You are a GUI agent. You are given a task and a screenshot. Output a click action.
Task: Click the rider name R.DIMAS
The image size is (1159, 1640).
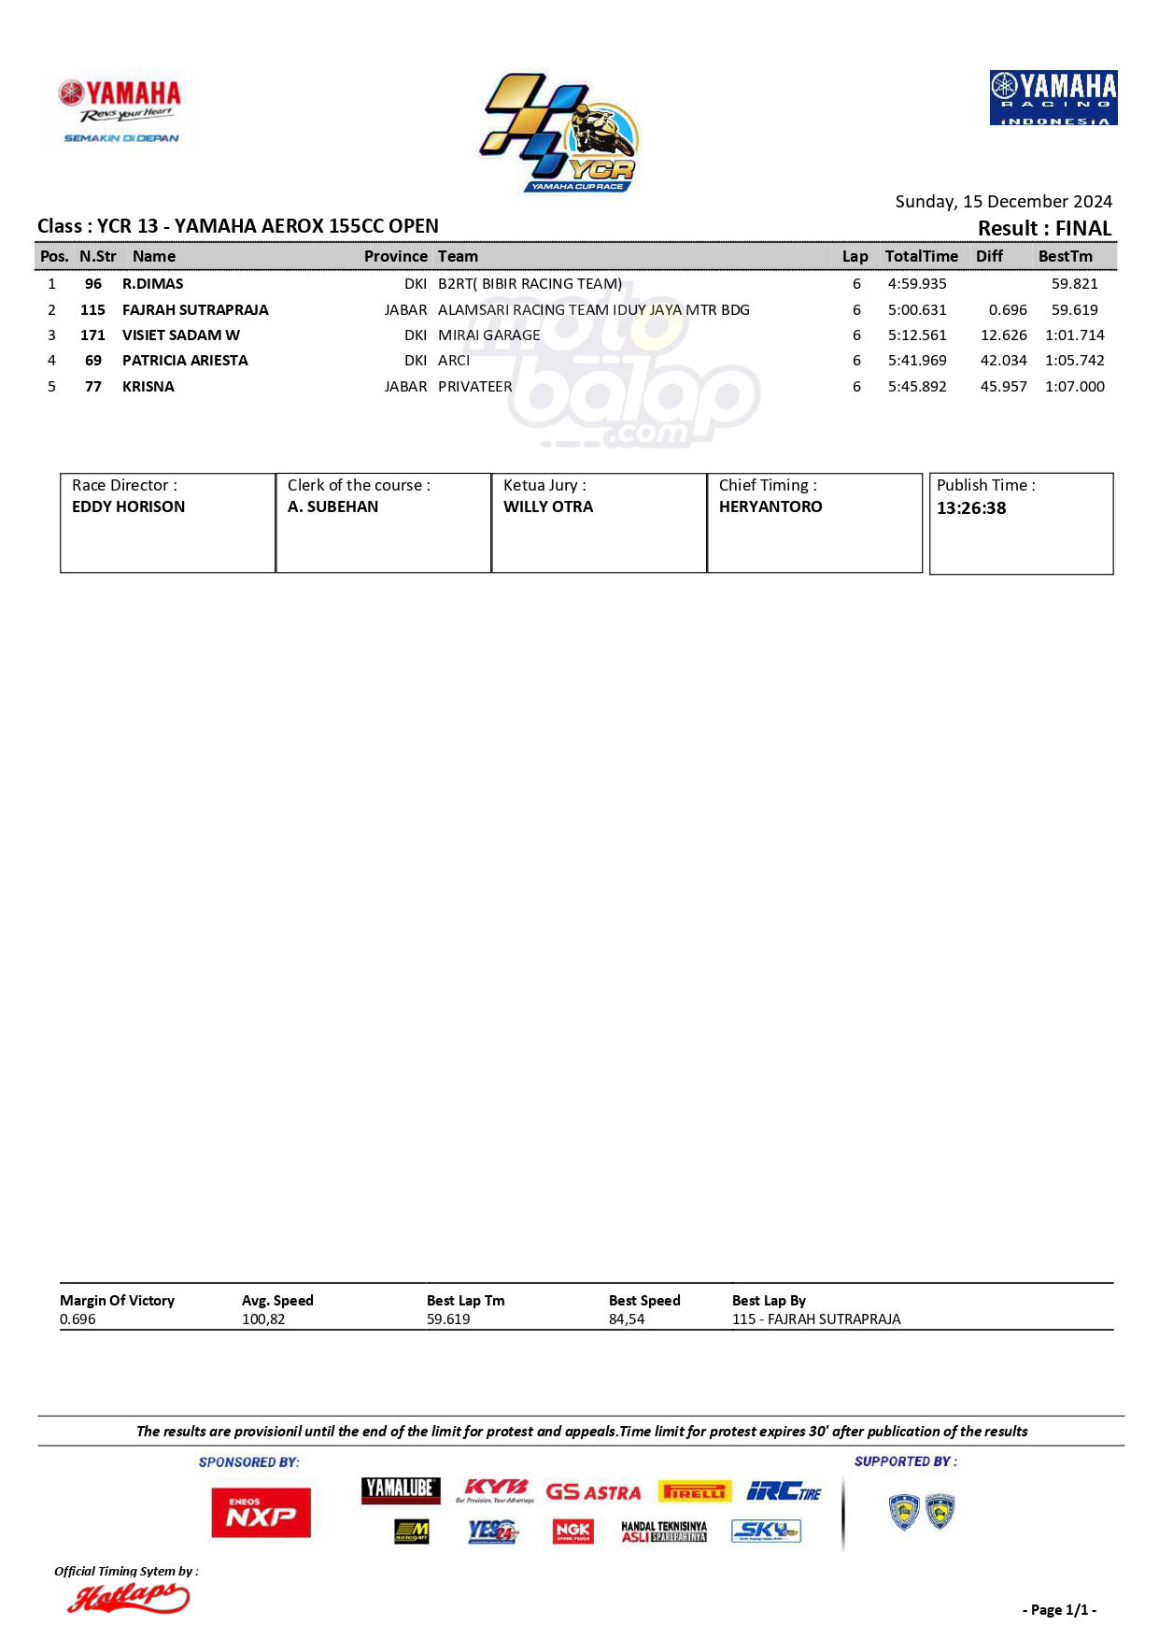pos(152,283)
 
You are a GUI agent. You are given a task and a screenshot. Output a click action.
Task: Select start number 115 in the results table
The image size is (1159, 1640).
pos(92,309)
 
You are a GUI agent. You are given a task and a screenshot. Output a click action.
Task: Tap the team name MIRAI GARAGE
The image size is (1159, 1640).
pos(488,335)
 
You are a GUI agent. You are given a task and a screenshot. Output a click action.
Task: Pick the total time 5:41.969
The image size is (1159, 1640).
pos(916,360)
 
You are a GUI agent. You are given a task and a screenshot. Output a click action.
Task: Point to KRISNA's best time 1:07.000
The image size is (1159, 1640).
pos(1074,386)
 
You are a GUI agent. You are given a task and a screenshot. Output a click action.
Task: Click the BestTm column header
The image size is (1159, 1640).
pos(1065,256)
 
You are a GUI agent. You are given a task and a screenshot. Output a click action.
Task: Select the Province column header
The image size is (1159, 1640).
pos(395,256)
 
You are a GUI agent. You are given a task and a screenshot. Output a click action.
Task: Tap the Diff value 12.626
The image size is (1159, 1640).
pos(1003,335)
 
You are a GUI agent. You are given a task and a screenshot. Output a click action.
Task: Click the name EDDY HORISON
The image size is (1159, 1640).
pos(128,506)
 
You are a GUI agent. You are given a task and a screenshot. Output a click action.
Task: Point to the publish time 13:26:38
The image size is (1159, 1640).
pos(971,508)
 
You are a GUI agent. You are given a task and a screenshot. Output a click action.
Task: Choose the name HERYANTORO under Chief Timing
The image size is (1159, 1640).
pos(770,506)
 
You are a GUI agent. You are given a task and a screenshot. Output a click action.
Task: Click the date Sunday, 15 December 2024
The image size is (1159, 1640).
pos(1003,201)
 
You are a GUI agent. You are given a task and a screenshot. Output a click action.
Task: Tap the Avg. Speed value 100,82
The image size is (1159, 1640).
pos(263,1319)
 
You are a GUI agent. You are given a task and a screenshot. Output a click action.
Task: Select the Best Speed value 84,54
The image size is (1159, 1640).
pos(626,1319)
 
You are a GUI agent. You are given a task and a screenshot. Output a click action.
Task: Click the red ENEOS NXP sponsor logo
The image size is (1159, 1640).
pos(261,1512)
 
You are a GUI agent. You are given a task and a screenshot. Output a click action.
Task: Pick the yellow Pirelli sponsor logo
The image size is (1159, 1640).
pos(695,1491)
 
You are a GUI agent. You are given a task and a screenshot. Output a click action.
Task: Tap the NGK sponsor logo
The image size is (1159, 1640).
pos(572,1531)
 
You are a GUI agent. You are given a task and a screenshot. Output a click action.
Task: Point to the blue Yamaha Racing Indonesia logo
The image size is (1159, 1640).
pos(1053,97)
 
